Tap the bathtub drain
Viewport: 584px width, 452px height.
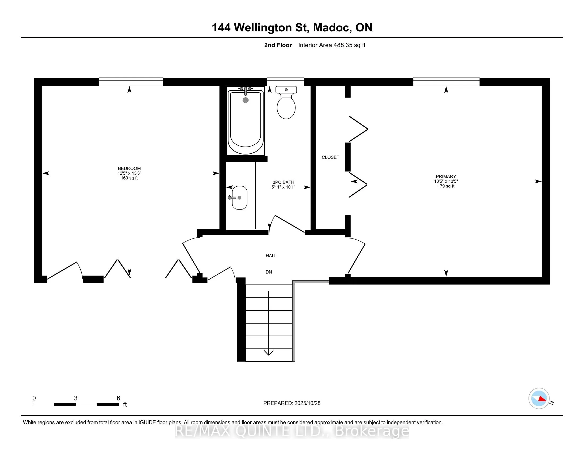[246, 100]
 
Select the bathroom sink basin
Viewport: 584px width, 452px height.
[240, 198]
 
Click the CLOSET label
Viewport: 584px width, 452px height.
[330, 157]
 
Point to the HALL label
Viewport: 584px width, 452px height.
[271, 256]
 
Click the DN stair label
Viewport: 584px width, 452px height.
[269, 272]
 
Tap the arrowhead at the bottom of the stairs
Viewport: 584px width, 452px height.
[268, 353]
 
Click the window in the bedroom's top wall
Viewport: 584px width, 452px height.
[131, 82]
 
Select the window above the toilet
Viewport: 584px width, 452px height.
[285, 82]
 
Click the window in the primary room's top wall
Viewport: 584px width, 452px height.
[446, 82]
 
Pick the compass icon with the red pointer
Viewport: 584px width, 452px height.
[539, 399]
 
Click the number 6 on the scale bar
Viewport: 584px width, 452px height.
[118, 398]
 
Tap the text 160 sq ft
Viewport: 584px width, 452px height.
[129, 178]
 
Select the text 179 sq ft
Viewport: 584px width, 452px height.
[446, 186]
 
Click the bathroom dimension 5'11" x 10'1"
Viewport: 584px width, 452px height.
[283, 187]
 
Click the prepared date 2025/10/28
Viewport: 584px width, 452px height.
[307, 403]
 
